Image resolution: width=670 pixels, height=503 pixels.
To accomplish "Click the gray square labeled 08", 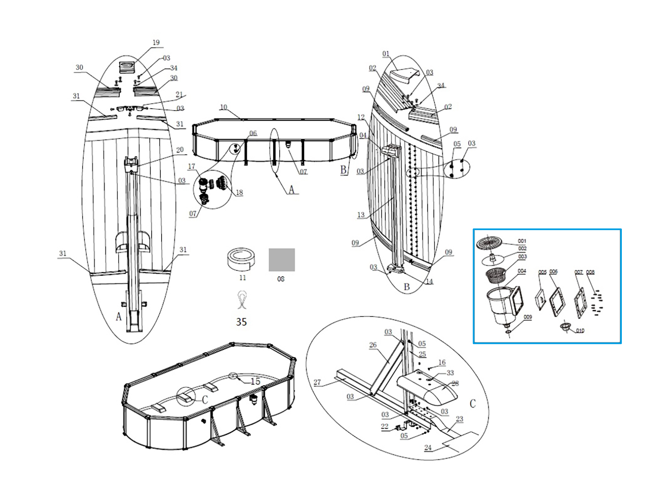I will tap(281, 259).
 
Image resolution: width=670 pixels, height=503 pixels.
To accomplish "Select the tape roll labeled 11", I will tap(241, 259).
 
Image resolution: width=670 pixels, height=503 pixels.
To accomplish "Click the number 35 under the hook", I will tap(241, 322).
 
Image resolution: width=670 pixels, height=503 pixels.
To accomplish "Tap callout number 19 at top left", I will tap(156, 42).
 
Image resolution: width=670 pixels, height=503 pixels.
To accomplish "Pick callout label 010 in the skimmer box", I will tap(580, 331).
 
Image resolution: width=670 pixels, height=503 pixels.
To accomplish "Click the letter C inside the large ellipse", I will tap(473, 404).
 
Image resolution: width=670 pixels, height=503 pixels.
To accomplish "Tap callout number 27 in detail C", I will tap(317, 382).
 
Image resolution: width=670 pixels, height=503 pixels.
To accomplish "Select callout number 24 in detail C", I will tap(428, 448).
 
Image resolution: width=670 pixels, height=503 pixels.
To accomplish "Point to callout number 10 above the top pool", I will tap(224, 107).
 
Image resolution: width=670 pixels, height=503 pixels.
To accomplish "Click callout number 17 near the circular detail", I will tap(191, 166).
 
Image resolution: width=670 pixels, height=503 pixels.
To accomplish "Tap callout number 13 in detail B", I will tap(361, 215).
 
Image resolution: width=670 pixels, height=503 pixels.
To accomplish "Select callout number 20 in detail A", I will tap(180, 150).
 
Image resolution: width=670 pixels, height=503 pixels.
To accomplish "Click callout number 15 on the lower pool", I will tap(255, 381).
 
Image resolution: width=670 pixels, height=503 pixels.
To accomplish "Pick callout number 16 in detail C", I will tap(442, 362).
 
